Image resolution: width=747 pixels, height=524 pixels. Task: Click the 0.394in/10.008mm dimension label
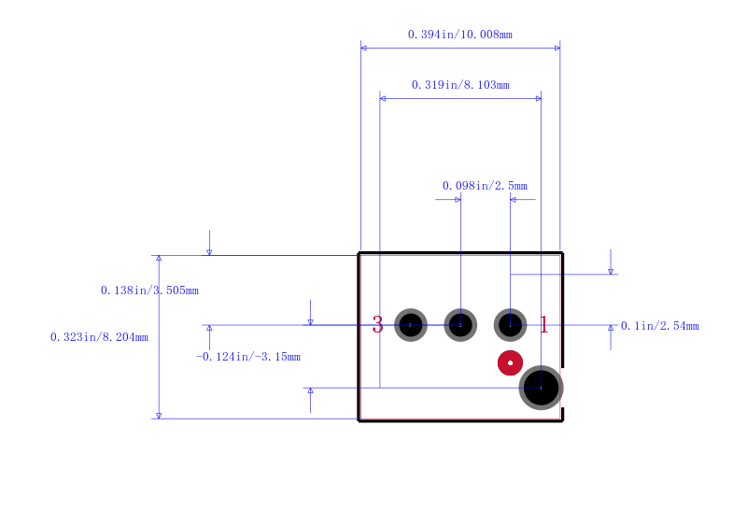(460, 35)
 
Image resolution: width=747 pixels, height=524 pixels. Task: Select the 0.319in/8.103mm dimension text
(460, 85)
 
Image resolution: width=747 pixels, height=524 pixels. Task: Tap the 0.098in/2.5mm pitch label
(485, 186)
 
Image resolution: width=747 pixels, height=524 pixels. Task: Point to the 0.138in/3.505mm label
(149, 290)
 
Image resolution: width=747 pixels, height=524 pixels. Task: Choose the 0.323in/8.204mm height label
(99, 337)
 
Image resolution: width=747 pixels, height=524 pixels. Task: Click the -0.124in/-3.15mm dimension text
(248, 357)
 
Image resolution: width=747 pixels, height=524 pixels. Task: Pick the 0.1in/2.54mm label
(660, 326)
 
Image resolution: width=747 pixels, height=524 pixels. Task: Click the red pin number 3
(378, 325)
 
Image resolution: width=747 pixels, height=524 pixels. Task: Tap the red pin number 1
(544, 325)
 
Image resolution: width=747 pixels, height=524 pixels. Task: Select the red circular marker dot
(510, 363)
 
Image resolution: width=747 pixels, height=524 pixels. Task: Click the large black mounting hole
(542, 388)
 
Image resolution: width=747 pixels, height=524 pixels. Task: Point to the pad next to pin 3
(411, 325)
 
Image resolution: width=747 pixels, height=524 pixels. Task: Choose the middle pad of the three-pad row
(460, 325)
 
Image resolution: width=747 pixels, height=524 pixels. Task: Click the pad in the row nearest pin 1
(510, 325)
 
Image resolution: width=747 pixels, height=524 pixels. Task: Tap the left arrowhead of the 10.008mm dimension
(363, 49)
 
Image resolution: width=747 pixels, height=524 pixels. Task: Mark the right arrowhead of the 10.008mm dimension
(557, 49)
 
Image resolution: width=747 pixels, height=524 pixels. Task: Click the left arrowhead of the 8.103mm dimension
(383, 99)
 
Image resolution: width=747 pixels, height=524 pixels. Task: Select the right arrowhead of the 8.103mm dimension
(539, 99)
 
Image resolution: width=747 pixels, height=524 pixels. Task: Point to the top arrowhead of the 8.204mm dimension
(159, 258)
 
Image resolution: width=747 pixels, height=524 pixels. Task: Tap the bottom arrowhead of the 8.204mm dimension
(159, 416)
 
